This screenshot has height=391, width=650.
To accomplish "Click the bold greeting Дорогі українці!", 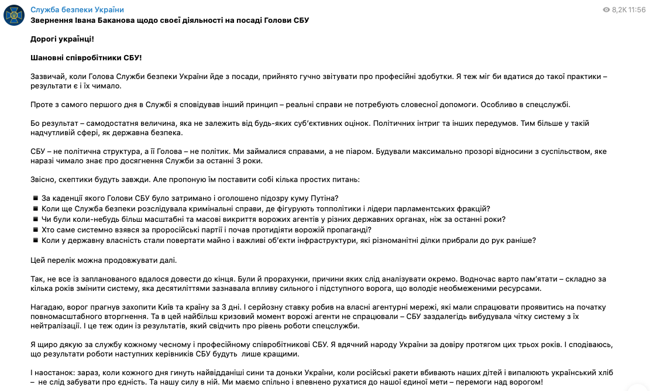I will point(61,39).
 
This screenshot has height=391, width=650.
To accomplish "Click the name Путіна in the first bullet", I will point(325,198).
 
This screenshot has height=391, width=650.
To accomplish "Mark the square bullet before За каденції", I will point(35,198).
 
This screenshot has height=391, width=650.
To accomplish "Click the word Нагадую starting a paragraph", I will point(47,307).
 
